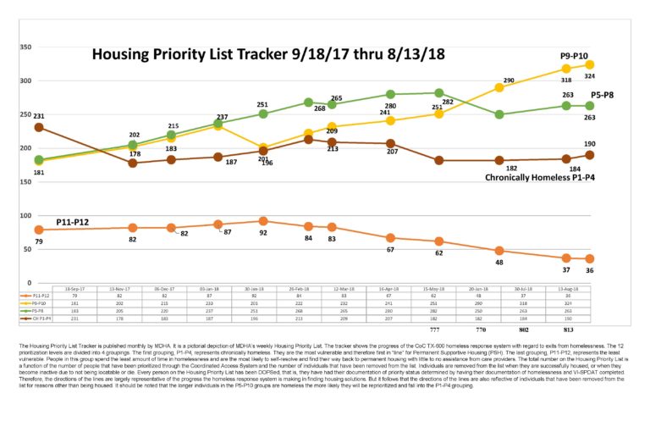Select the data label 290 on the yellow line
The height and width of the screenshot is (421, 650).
pyautogui.click(x=509, y=80)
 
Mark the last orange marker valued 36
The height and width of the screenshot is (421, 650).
pyautogui.click(x=589, y=258)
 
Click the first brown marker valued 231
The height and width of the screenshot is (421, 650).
pyautogui.click(x=38, y=128)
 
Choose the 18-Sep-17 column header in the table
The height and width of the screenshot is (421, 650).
pyautogui.click(x=75, y=289)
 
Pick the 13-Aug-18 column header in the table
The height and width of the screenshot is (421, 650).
pyautogui.click(x=589, y=289)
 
